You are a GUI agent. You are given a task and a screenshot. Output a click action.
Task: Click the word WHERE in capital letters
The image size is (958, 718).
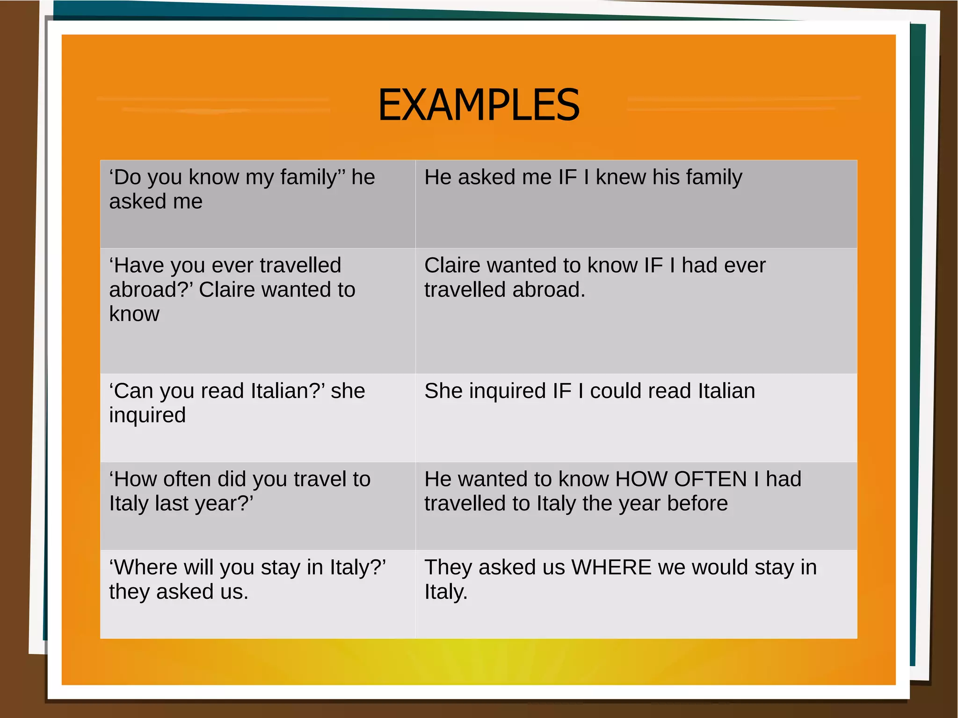click(x=611, y=567)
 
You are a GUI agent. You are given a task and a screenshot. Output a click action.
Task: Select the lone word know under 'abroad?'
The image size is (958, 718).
click(x=134, y=314)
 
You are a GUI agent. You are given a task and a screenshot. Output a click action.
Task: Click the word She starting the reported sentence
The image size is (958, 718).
click(x=443, y=391)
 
